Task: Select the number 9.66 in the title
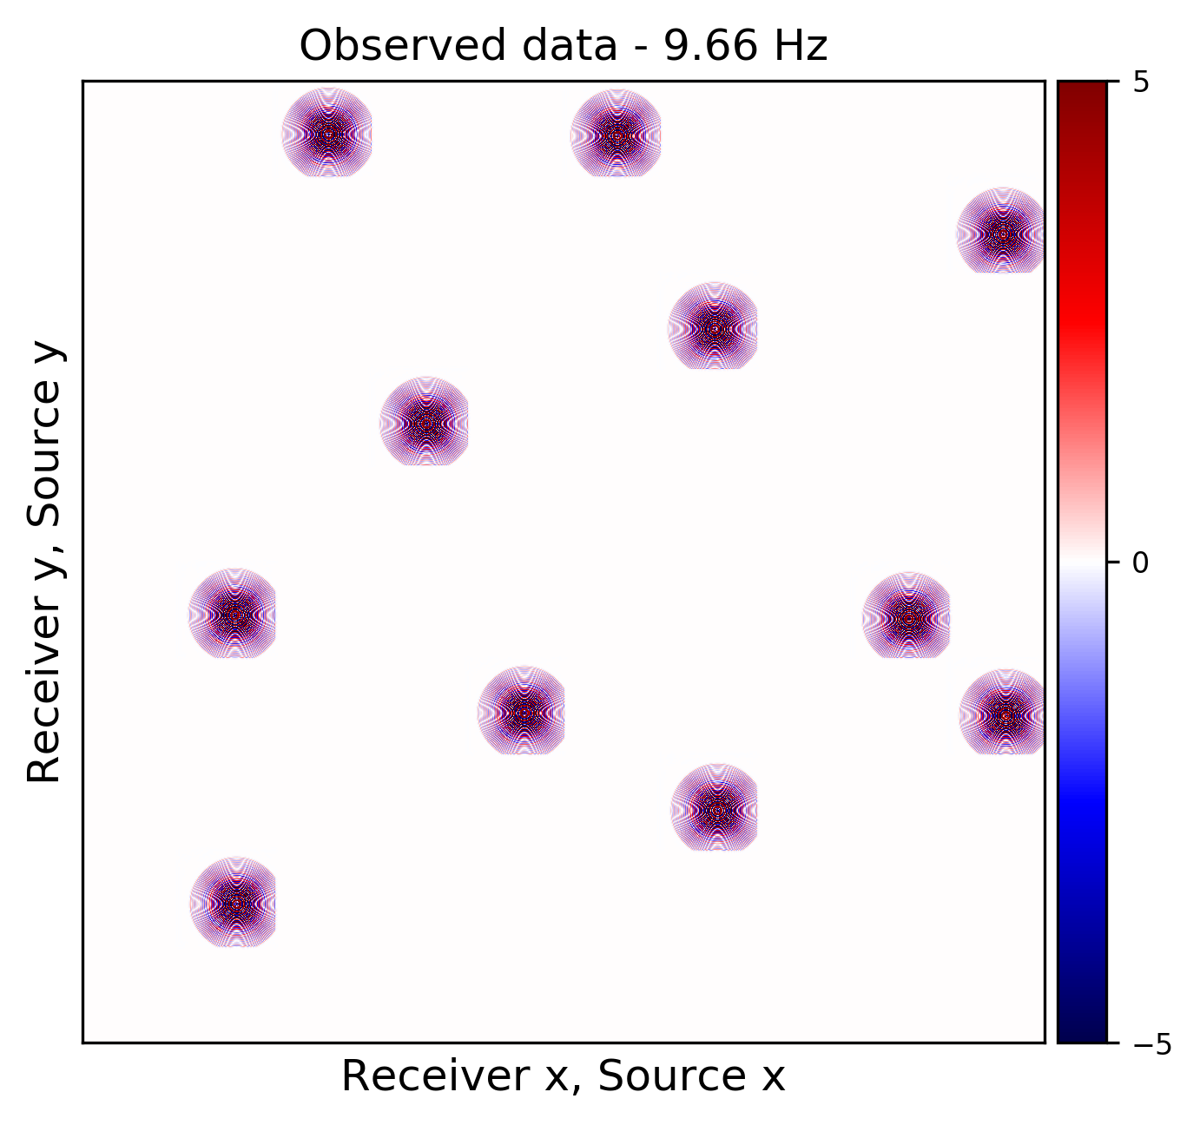703,46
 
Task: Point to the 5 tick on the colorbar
1141,82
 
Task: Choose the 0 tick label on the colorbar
1141,562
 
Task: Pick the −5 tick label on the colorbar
1151,1043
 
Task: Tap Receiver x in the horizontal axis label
451,1077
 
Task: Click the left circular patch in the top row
327,134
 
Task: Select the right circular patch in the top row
616,134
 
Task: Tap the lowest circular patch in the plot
234,903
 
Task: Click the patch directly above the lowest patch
233,615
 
